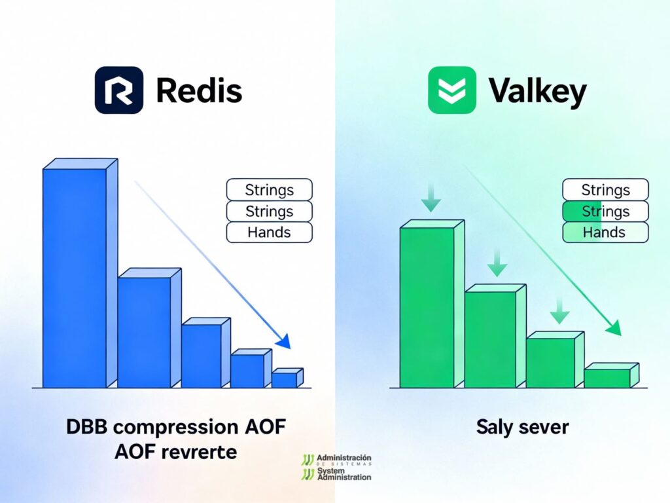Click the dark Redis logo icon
pos(119,90)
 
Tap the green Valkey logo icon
pos(452,90)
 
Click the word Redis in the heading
pos(199,90)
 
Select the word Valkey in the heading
pos(538,92)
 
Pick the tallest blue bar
pos(80,273)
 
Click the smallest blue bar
pos(287,378)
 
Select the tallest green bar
pos(432,304)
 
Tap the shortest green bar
pos(612,375)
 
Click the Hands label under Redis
pos(269,233)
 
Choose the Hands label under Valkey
pos(605,233)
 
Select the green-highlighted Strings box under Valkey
pos(605,212)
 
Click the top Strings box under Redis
pos(269,189)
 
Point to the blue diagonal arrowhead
pos(283,341)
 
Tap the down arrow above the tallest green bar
pos(431,197)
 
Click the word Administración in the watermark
pos(344,458)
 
